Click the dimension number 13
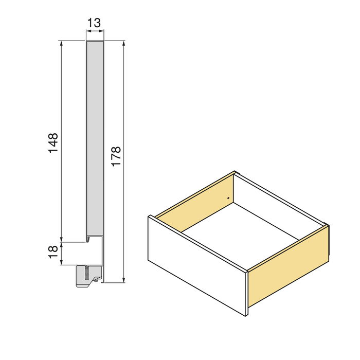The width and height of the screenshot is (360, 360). click(94, 23)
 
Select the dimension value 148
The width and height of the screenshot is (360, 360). click(53, 143)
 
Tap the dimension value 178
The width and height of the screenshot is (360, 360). click(116, 156)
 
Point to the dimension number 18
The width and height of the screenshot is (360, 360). click(53, 252)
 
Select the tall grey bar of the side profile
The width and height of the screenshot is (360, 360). click(95, 139)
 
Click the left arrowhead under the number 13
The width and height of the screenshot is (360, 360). click(87, 32)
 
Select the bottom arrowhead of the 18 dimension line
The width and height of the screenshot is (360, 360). click(62, 262)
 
